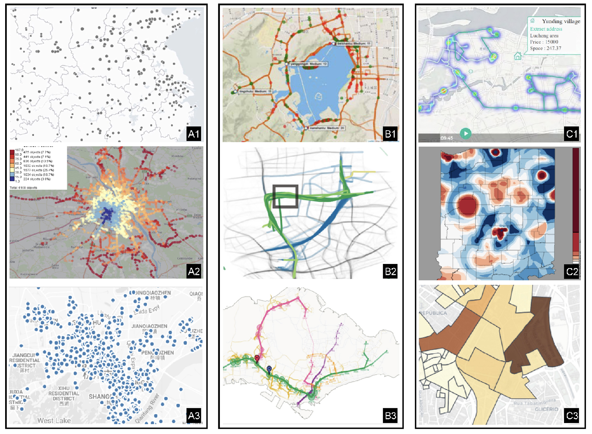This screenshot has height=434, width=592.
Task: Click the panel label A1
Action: click(x=194, y=134)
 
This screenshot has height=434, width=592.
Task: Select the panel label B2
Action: click(x=390, y=271)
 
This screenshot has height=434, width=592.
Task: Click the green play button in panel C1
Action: click(x=466, y=133)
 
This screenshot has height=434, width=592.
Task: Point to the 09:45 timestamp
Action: click(x=447, y=138)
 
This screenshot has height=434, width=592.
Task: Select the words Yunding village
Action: click(x=561, y=21)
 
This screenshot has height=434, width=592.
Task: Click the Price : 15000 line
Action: click(x=544, y=42)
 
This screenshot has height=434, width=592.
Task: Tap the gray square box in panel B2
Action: click(x=285, y=196)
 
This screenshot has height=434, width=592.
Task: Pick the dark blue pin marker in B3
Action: click(x=269, y=369)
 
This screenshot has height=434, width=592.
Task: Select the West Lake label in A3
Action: click(x=54, y=420)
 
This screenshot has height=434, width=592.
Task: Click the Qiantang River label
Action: click(x=147, y=408)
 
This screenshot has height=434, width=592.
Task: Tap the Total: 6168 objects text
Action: click(x=23, y=188)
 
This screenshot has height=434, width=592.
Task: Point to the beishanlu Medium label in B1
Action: click(x=353, y=43)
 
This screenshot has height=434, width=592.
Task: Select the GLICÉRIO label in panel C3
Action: click(x=546, y=409)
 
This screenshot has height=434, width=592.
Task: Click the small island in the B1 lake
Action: click(x=318, y=96)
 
